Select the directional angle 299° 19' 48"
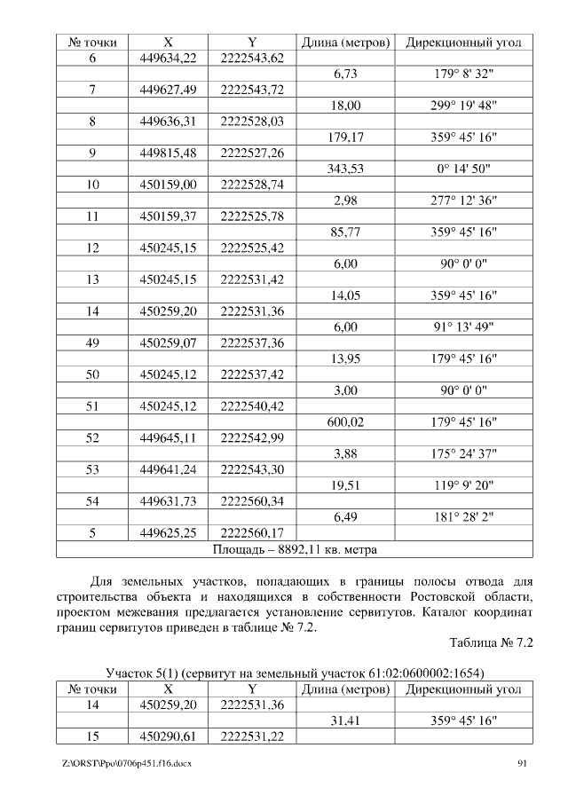(463, 106)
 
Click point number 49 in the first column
(92, 342)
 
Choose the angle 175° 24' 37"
(463, 454)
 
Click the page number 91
(523, 763)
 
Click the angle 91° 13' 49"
(463, 327)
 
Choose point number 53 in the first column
(92, 470)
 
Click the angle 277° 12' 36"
(463, 201)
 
